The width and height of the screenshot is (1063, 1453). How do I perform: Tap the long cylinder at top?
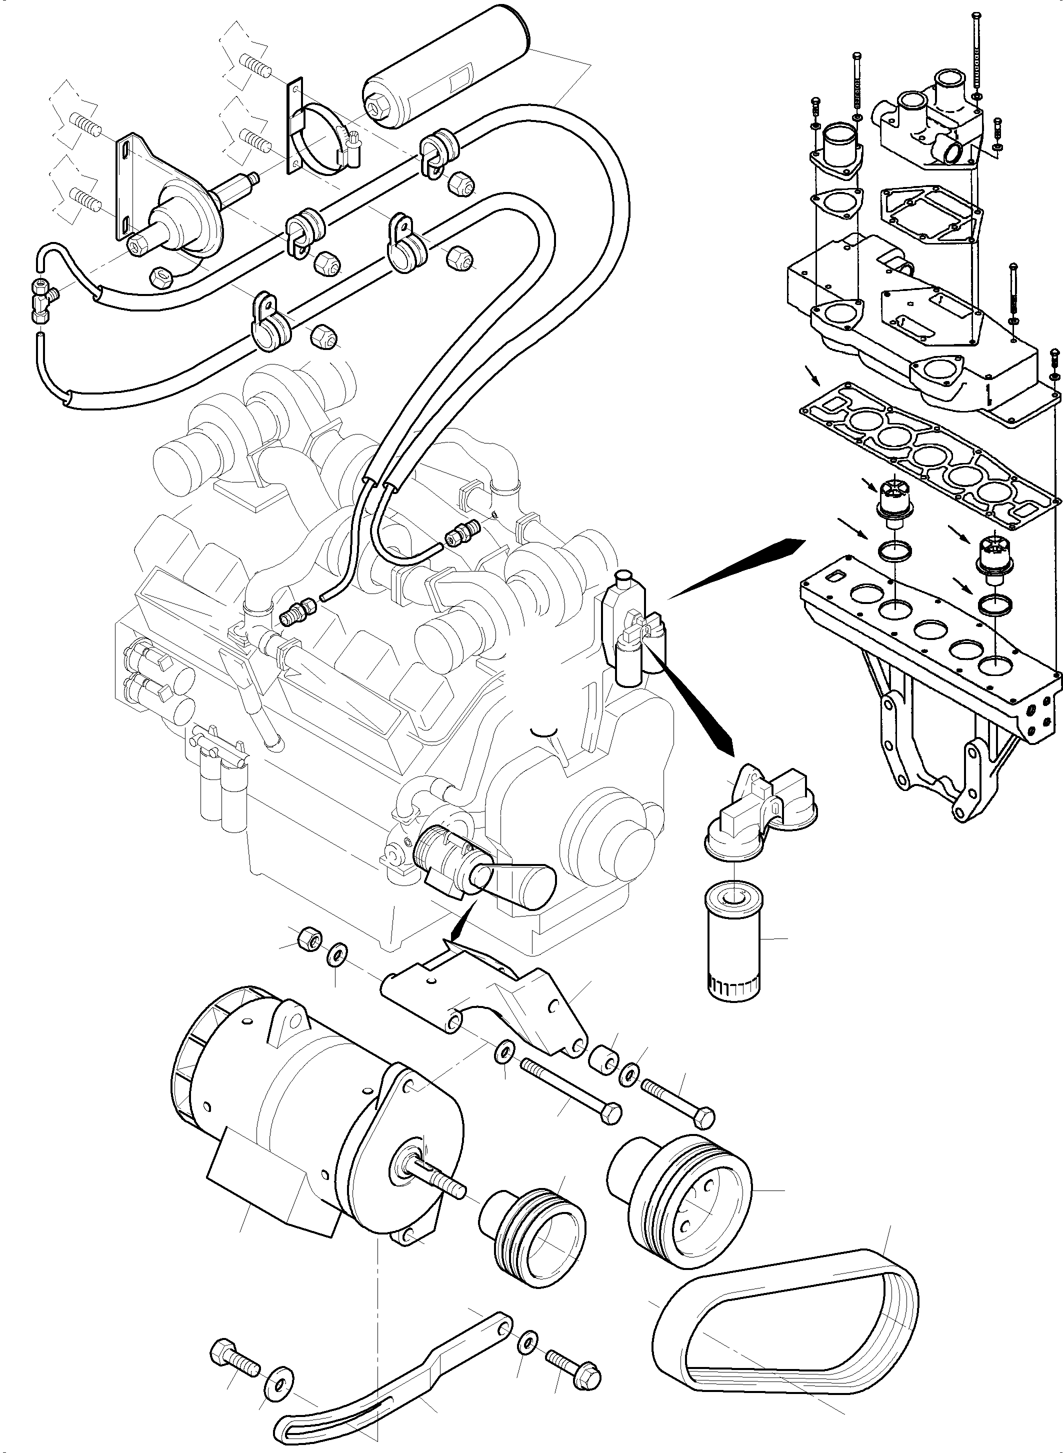point(444,67)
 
